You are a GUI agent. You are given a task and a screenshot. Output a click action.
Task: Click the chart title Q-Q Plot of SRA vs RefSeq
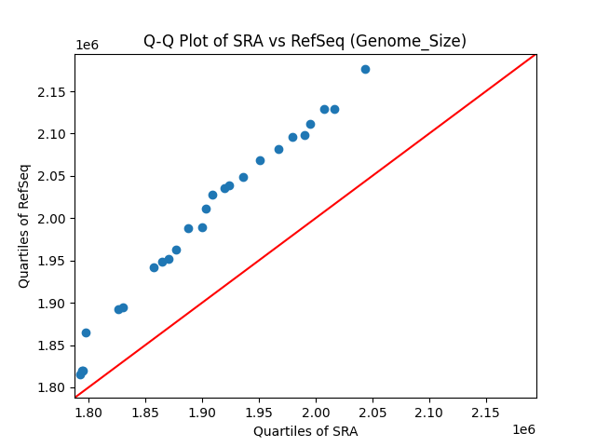point(305,41)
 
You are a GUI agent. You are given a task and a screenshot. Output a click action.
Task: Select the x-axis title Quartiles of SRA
point(305,431)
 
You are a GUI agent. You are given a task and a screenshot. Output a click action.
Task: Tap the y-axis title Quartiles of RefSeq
point(24,225)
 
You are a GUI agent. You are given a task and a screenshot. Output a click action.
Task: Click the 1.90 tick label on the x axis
point(202,413)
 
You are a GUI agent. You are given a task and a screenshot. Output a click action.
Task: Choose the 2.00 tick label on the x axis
point(316,413)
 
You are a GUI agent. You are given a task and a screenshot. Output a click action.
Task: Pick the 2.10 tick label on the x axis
point(429,413)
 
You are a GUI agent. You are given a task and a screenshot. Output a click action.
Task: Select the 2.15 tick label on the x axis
point(486,413)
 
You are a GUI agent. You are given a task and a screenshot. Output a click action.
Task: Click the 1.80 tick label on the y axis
point(54,387)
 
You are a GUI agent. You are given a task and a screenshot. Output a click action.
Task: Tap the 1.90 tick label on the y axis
point(54,304)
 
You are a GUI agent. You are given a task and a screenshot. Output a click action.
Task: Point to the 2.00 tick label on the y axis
point(54,219)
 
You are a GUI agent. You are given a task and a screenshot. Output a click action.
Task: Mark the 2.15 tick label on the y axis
point(54,92)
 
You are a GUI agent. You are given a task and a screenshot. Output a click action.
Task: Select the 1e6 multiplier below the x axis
point(523,429)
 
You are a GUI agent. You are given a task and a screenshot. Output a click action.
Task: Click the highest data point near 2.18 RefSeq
point(365,69)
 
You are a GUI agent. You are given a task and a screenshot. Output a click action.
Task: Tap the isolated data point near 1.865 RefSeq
point(86,332)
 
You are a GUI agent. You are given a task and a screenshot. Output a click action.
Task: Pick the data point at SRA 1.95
point(260,160)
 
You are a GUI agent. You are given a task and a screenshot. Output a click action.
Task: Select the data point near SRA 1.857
point(154,267)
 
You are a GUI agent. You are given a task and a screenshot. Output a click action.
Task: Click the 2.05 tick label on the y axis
point(54,177)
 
